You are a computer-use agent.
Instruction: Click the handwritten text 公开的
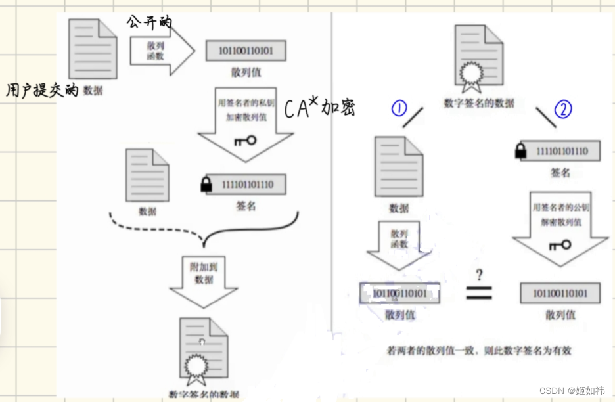click(149, 22)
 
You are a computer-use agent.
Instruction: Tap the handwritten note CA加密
click(319, 108)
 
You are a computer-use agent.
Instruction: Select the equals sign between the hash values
click(479, 293)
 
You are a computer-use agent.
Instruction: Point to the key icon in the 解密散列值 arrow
click(559, 245)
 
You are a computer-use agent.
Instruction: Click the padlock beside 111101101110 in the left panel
click(206, 185)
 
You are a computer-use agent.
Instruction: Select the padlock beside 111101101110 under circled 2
click(521, 152)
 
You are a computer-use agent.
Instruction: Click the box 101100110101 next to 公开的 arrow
click(246, 51)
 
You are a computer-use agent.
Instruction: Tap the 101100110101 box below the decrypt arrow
click(559, 293)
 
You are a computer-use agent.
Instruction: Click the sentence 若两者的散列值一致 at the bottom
click(479, 350)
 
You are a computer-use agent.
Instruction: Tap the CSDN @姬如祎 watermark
click(572, 390)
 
